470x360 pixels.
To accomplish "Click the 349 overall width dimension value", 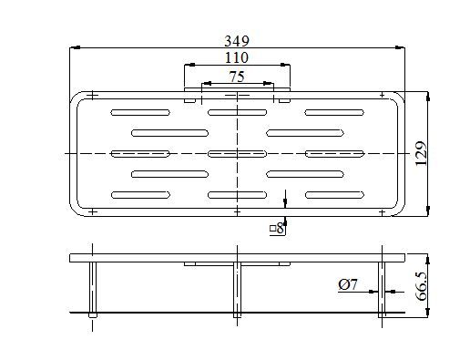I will (x=236, y=41).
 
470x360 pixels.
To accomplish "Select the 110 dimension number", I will (x=236, y=57).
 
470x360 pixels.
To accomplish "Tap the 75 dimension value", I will (x=236, y=76).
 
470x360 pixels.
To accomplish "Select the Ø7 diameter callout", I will (x=348, y=285).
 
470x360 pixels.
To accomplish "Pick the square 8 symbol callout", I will (x=277, y=228).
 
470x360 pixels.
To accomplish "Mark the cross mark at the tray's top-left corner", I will (x=92, y=93).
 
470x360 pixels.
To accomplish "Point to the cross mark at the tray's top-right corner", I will (x=382, y=93).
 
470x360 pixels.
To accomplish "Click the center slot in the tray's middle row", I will (x=236, y=152).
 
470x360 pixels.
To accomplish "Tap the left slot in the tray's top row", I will (x=139, y=113).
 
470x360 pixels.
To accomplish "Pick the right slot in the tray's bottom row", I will (x=332, y=194).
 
